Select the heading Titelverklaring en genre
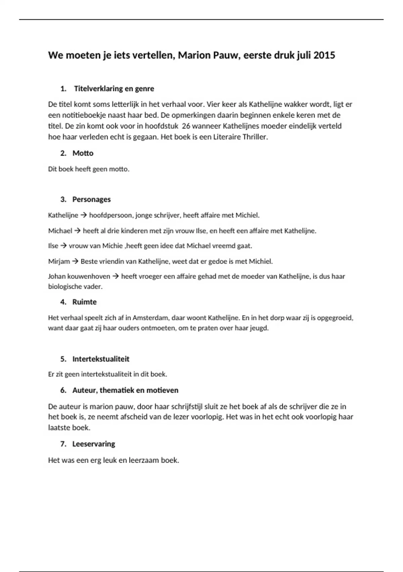pos(114,89)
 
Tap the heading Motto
pos(83,153)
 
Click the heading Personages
pos(91,200)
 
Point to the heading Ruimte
pos(84,302)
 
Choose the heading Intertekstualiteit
pos(101,359)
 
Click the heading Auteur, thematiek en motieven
pos(125,390)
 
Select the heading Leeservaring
pos(94,444)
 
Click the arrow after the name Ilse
pos(63,246)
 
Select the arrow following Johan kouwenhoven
pos(116,277)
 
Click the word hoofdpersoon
pos(110,215)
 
